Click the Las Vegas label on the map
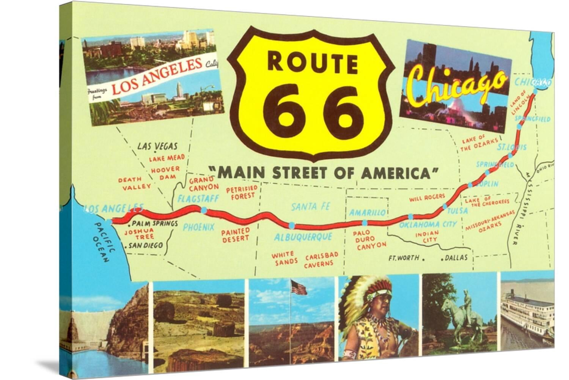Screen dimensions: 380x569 pos(157,146)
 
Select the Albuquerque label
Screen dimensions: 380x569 pos(303,237)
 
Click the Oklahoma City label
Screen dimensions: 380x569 pos(428,224)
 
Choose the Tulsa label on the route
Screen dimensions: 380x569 pos(457,210)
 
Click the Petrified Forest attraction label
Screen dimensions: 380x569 pos(242,192)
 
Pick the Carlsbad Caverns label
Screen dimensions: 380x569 pos(319,259)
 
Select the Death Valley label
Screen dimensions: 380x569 pos(135,183)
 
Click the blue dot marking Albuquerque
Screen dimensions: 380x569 pos(291,225)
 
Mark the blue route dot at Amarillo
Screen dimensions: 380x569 pos(365,223)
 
